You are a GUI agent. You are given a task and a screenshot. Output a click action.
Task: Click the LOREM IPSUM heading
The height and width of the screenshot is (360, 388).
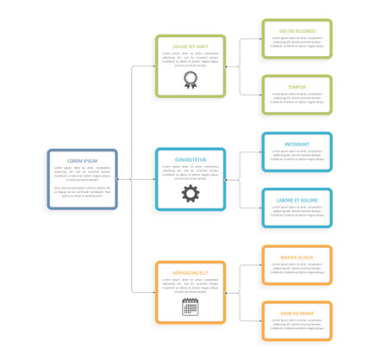coord(83,161)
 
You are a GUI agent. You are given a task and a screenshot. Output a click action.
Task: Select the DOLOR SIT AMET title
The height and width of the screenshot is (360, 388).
coord(191,47)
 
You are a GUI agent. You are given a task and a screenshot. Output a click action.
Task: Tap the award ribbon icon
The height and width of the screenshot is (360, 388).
coord(191,80)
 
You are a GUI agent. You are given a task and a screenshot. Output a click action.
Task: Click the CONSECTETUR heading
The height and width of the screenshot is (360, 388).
coord(191,160)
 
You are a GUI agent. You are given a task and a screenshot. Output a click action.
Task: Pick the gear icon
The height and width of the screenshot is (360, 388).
coord(191,194)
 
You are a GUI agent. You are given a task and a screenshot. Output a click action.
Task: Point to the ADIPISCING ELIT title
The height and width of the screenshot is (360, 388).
coord(191,273)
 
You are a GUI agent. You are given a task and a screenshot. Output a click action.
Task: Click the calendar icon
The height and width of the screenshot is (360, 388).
coord(191,307)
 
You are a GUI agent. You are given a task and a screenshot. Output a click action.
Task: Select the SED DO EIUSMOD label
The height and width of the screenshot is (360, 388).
coord(297,31)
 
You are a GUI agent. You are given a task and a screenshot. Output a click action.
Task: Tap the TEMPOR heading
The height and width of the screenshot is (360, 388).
coord(297,87)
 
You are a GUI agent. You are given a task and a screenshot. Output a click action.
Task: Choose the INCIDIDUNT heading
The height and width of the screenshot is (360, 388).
coord(297,144)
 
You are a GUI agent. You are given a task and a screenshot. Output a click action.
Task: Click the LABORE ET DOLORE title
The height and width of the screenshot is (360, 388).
coord(297,200)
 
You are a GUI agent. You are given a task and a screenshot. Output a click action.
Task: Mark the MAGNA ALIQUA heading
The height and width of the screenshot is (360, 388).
coord(297,257)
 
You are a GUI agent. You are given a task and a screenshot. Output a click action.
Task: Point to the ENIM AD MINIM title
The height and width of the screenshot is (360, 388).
coord(297,313)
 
